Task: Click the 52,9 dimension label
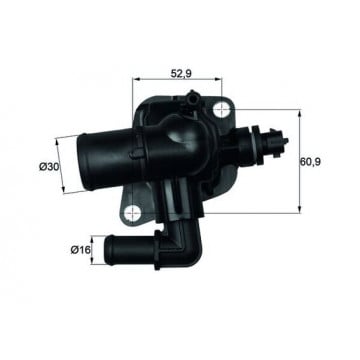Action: tap(181, 73)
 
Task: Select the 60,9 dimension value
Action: tap(310, 162)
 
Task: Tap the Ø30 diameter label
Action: tap(49, 166)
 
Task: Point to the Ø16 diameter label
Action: tap(81, 250)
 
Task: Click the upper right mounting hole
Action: tap(221, 110)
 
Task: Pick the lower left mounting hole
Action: tap(132, 212)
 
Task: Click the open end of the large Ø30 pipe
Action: tap(81, 163)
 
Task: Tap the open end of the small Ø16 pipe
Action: tap(109, 250)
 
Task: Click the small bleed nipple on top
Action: tap(193, 97)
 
